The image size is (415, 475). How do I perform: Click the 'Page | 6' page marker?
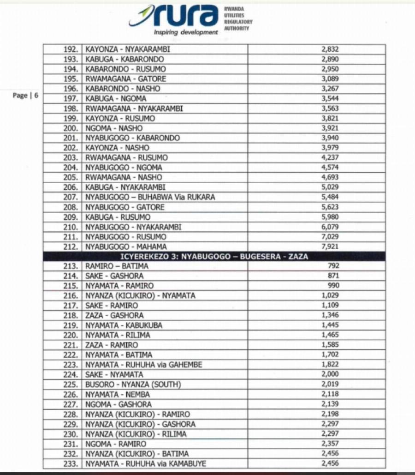tap(25, 96)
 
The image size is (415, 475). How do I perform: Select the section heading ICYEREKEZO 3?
tap(214, 256)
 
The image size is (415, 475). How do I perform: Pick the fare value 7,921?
tap(330, 247)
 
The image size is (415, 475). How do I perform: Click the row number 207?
tap(72, 197)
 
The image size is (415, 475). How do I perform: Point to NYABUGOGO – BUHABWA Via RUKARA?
tap(150, 197)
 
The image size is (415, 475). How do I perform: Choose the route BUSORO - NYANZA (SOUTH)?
tap(133, 384)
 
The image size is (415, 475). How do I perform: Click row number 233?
tap(72, 463)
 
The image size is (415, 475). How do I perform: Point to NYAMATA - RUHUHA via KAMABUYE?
tap(146, 463)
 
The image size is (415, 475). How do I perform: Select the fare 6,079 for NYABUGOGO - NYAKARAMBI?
tap(330, 227)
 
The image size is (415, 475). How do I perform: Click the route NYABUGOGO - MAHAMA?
tap(126, 247)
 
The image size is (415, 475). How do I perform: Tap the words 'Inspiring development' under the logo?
tap(186, 32)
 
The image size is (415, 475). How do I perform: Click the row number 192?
tap(72, 49)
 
